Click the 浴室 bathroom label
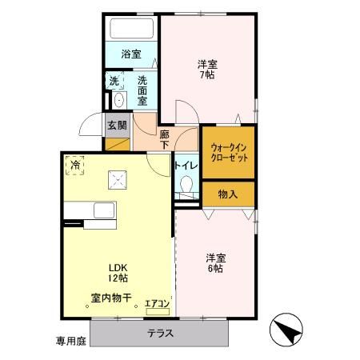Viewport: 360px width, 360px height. pyautogui.click(x=131, y=54)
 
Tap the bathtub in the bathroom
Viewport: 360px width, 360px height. pyautogui.click(x=131, y=30)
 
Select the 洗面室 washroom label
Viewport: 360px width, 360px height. pyautogui.click(x=142, y=85)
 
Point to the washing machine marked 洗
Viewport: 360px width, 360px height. pyautogui.click(x=114, y=81)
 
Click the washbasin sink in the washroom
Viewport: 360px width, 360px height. pyautogui.click(x=118, y=100)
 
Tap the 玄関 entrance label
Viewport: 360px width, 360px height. pyautogui.click(x=115, y=125)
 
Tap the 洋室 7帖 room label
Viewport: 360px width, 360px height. pyautogui.click(x=206, y=69)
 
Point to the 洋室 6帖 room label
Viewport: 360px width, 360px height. pyautogui.click(x=214, y=262)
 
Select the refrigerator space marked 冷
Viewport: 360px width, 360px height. pyautogui.click(x=75, y=165)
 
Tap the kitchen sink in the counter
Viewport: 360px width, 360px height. pyautogui.click(x=105, y=210)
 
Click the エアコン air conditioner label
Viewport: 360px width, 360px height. pyautogui.click(x=156, y=304)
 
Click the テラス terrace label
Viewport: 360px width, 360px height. pyautogui.click(x=161, y=333)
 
